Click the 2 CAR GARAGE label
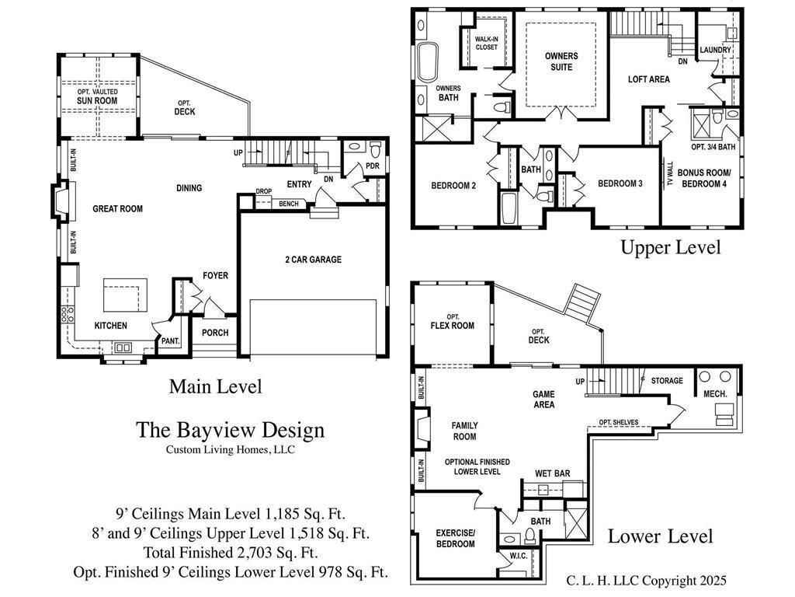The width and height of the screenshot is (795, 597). pos(314,260)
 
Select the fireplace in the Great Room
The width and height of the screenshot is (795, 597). pos(63,201)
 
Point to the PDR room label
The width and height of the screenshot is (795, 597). pos(373,166)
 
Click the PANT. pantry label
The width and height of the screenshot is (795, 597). pos(170,341)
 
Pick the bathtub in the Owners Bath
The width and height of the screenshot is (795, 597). pos(428,62)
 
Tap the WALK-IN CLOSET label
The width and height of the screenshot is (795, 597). pos(486,44)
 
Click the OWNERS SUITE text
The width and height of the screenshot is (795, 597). pos(561,61)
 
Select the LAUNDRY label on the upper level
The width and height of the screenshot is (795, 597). pos(715,50)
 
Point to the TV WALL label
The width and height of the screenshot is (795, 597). pos(670,173)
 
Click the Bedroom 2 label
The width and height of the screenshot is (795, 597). pos(453,186)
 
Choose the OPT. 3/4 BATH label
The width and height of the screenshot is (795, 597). pos(713,147)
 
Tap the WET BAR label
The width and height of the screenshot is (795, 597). pos(552,473)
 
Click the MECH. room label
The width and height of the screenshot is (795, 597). pos(715,394)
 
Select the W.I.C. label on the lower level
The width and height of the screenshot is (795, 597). pos(518,556)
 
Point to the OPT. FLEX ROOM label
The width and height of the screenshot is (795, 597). pos(453,322)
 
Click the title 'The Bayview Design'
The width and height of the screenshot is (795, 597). pos(230,430)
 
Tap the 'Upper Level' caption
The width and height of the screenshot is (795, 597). pos(670,247)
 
